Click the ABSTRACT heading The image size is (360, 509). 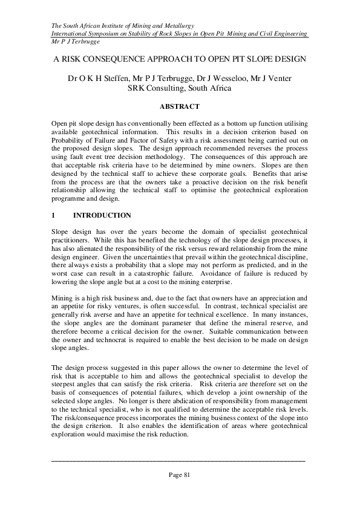coord(179,106)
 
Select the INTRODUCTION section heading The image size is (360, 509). coord(102,215)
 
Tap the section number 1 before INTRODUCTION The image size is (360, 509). coord(54,215)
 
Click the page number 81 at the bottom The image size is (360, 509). coord(180,475)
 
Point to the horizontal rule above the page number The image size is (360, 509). coord(179,461)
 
